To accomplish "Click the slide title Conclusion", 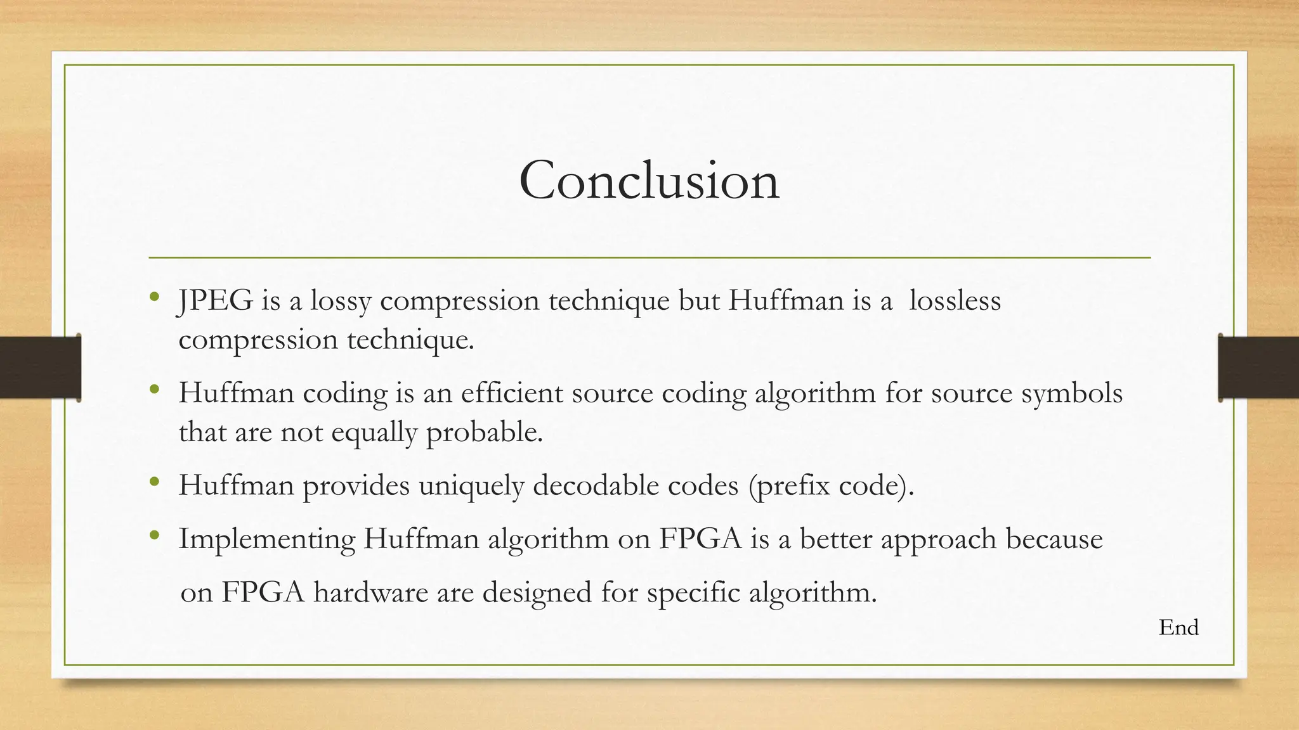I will click(x=649, y=181).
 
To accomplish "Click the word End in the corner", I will click(x=1178, y=627).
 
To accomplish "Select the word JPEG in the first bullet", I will click(x=215, y=300).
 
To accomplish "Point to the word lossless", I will click(x=955, y=300).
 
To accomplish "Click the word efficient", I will click(x=512, y=393).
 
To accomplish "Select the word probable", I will click(x=484, y=433).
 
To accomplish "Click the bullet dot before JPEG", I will click(x=154, y=297).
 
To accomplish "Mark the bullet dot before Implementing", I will click(x=154, y=536).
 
